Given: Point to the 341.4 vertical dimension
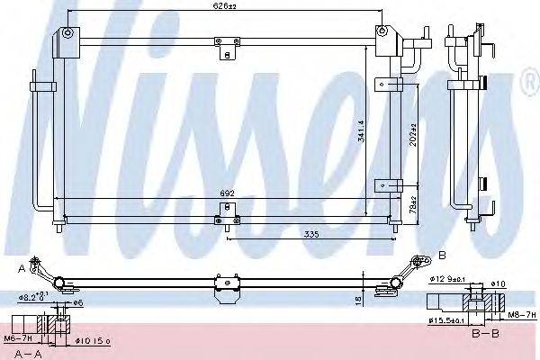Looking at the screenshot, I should pyautogui.click(x=361, y=131).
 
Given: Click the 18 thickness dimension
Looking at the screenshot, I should pyautogui.click(x=360, y=299).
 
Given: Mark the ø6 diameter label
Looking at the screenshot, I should pyautogui.click(x=78, y=301).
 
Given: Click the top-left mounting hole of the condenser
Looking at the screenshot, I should pyautogui.click(x=67, y=32).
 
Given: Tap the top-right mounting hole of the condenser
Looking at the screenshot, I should pyautogui.click(x=382, y=31).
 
